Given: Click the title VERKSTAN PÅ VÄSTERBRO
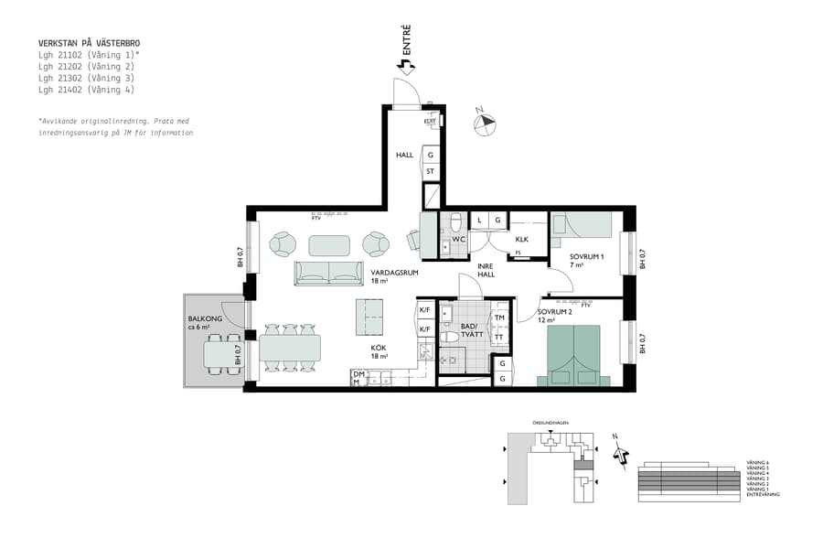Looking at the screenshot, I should pyautogui.click(x=89, y=43).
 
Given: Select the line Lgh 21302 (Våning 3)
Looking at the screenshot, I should pyautogui.click(x=86, y=78).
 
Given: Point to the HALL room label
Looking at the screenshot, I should pyautogui.click(x=404, y=156).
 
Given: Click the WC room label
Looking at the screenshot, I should pyautogui.click(x=459, y=240).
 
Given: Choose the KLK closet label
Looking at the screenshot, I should pyautogui.click(x=522, y=240).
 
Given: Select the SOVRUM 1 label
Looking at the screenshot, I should pyautogui.click(x=586, y=257).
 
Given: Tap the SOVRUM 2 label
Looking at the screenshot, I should pyautogui.click(x=554, y=312).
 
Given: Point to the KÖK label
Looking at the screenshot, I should pyautogui.click(x=379, y=348).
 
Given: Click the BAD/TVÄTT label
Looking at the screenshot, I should pyautogui.click(x=471, y=330).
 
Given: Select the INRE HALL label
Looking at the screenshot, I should pyautogui.click(x=486, y=270).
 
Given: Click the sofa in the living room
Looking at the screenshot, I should pyautogui.click(x=328, y=273).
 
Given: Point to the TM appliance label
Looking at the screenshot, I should pyautogui.click(x=499, y=318).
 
